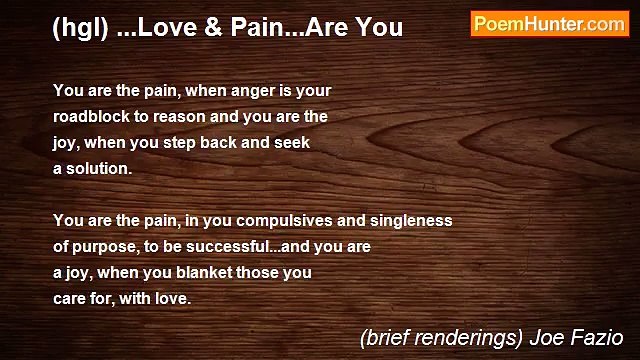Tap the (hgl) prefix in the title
point(79,28)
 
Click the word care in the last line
point(71,298)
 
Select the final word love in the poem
point(171,298)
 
